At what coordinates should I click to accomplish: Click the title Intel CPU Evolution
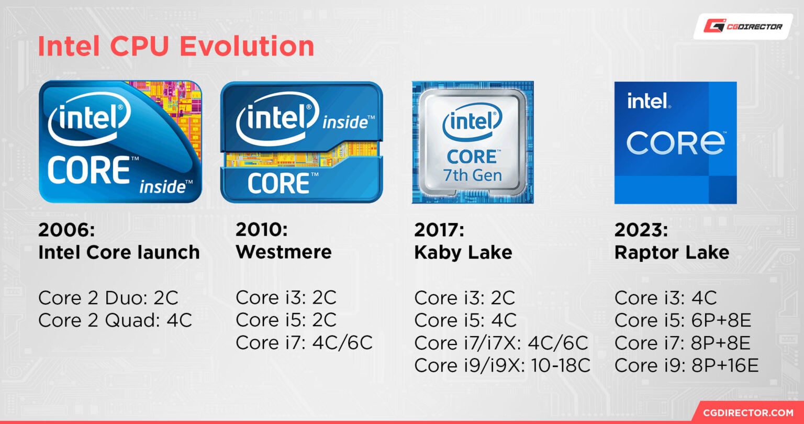click(x=176, y=47)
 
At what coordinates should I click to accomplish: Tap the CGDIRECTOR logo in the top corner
click(x=743, y=26)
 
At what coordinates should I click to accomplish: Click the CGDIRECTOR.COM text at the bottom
click(x=751, y=413)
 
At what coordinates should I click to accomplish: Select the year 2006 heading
click(x=66, y=230)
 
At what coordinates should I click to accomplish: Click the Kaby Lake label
click(x=463, y=252)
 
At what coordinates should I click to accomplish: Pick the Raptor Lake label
click(x=672, y=252)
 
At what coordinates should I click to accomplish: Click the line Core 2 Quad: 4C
click(x=115, y=320)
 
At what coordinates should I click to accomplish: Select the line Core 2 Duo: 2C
click(x=108, y=298)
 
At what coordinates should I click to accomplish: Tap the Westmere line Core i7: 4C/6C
click(x=304, y=342)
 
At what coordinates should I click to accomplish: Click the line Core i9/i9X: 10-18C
click(x=502, y=365)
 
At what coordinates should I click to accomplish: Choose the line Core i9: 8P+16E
click(x=686, y=365)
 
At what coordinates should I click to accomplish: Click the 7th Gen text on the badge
click(x=472, y=175)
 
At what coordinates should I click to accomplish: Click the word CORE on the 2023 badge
click(x=675, y=142)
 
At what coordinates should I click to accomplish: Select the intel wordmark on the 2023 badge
click(x=648, y=101)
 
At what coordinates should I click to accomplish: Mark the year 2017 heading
click(x=439, y=230)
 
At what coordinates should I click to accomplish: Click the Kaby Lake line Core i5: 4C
click(x=465, y=320)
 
